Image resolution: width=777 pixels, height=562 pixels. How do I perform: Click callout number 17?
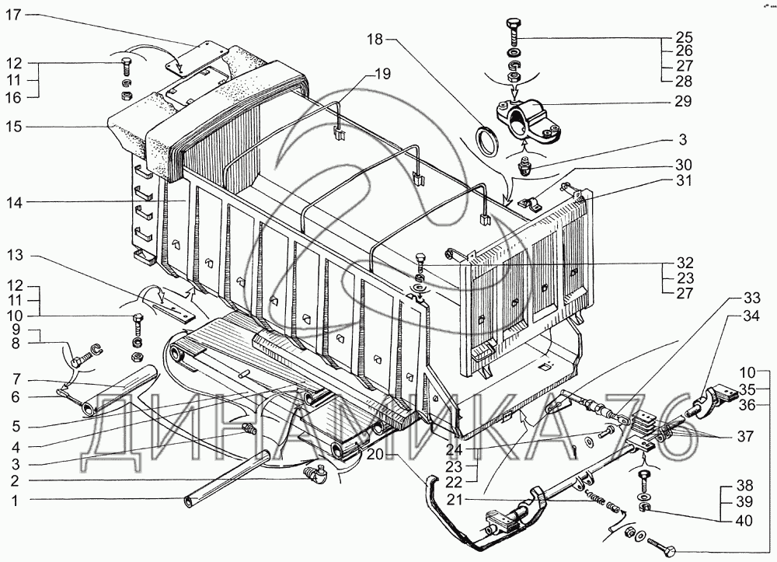14,15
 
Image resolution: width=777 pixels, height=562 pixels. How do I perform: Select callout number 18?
375,39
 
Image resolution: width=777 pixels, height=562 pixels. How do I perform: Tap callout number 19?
382,75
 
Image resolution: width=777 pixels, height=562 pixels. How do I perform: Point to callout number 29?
682,102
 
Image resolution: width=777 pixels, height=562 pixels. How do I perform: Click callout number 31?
684,181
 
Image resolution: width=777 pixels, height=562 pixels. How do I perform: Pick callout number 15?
14,127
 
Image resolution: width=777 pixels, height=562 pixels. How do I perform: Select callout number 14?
14,203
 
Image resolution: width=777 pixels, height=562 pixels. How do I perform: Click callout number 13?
14,256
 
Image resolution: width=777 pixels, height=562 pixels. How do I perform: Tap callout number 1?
15,501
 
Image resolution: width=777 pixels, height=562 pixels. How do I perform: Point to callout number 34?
751,316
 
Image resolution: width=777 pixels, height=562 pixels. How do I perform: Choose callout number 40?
744,521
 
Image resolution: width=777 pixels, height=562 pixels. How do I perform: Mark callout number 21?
454,500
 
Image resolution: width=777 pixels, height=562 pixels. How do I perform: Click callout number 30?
683,165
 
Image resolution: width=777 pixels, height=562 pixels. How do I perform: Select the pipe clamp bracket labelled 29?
528,121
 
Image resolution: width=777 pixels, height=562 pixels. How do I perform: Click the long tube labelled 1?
228,478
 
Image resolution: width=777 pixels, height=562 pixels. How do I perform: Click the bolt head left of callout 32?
420,257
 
